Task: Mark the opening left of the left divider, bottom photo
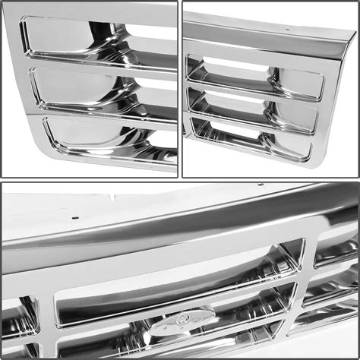pos(19,315)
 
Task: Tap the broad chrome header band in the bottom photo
pos(175,228)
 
